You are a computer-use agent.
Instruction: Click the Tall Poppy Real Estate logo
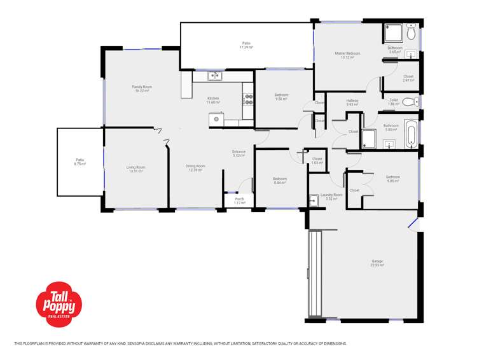59,304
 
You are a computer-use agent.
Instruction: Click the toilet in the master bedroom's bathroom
411,31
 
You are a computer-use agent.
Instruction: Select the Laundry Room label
331,197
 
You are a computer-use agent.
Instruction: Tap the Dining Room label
195,168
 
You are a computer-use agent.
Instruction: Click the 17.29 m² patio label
246,45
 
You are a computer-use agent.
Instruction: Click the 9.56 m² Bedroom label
281,97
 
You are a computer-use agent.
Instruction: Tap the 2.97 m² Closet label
408,78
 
